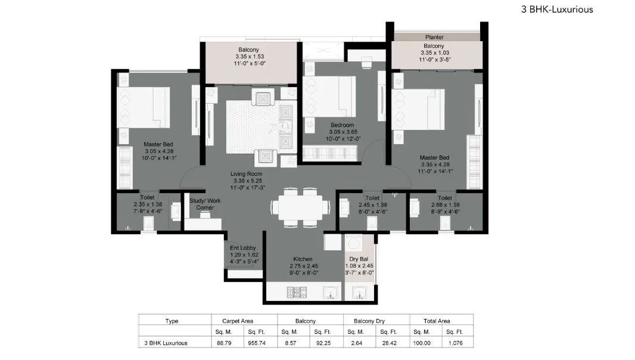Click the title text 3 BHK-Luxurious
point(556,10)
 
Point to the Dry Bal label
point(359,259)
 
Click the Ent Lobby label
point(244,248)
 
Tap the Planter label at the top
point(434,37)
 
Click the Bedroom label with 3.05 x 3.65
point(343,125)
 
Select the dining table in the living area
point(301,207)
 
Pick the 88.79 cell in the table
point(220,343)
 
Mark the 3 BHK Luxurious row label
point(166,343)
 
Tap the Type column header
point(172,321)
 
